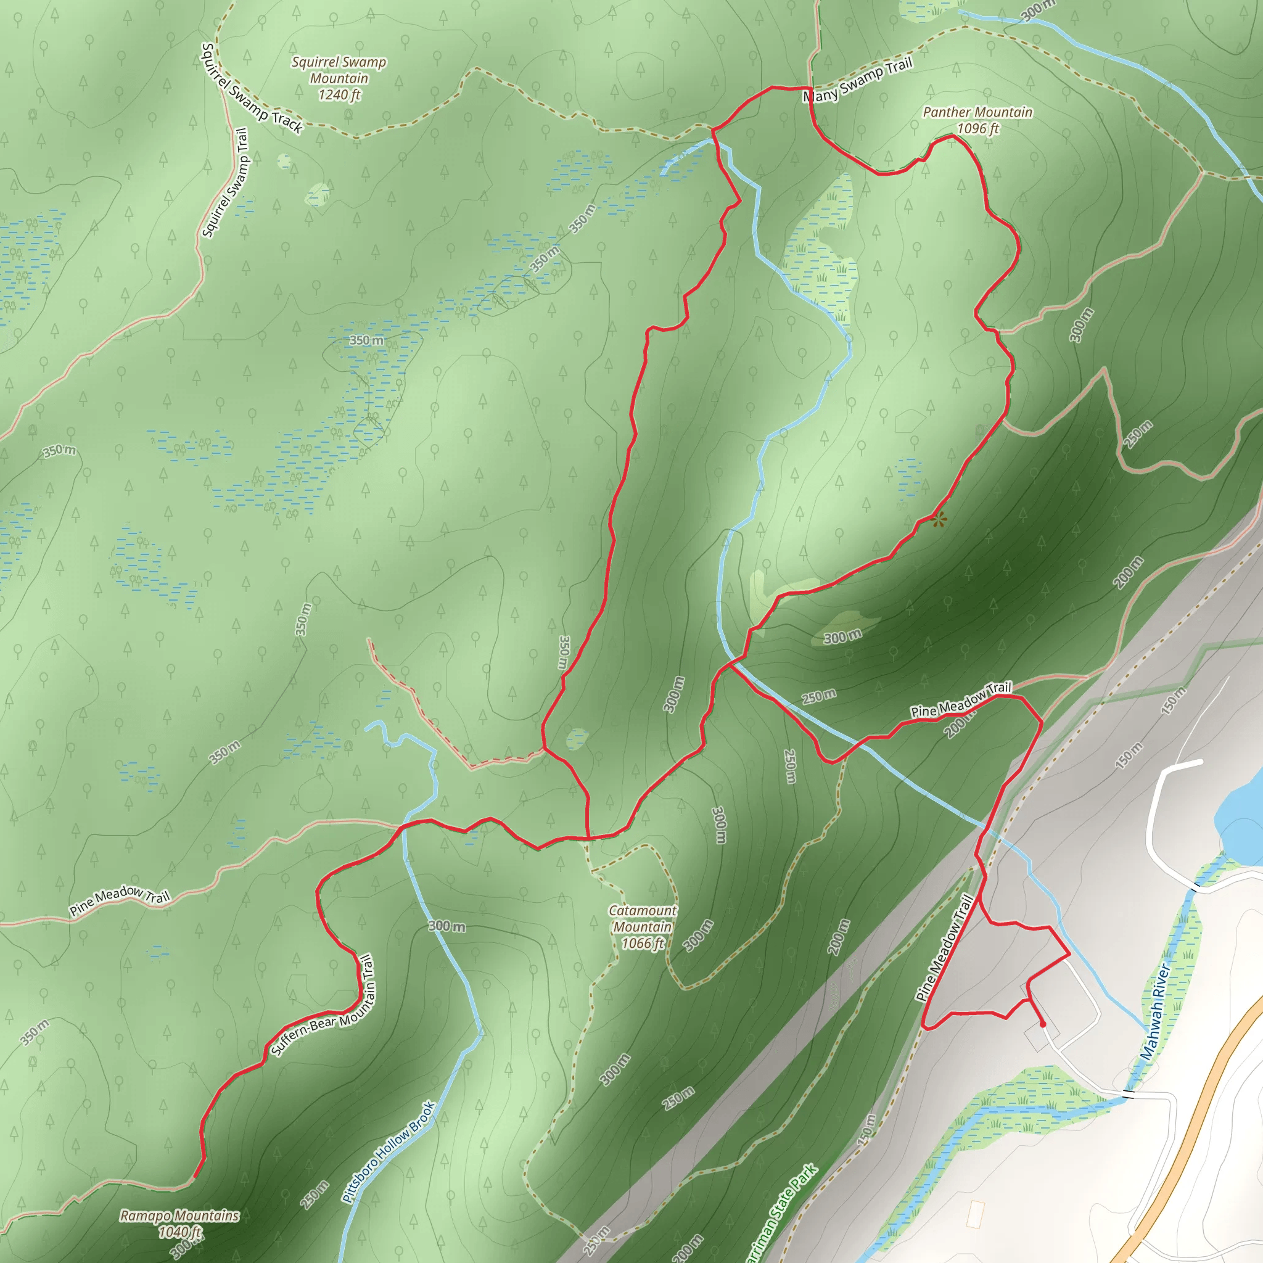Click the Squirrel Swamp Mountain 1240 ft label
point(339,78)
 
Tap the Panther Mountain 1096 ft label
point(977,120)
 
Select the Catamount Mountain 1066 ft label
point(643,926)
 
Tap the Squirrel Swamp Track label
point(252,88)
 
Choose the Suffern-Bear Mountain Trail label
point(324,1006)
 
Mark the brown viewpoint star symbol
point(939,520)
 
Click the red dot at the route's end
point(1043,1024)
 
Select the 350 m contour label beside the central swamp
point(366,340)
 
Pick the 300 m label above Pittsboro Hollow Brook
point(447,926)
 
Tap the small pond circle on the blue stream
point(849,339)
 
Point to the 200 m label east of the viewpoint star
point(1129,572)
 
